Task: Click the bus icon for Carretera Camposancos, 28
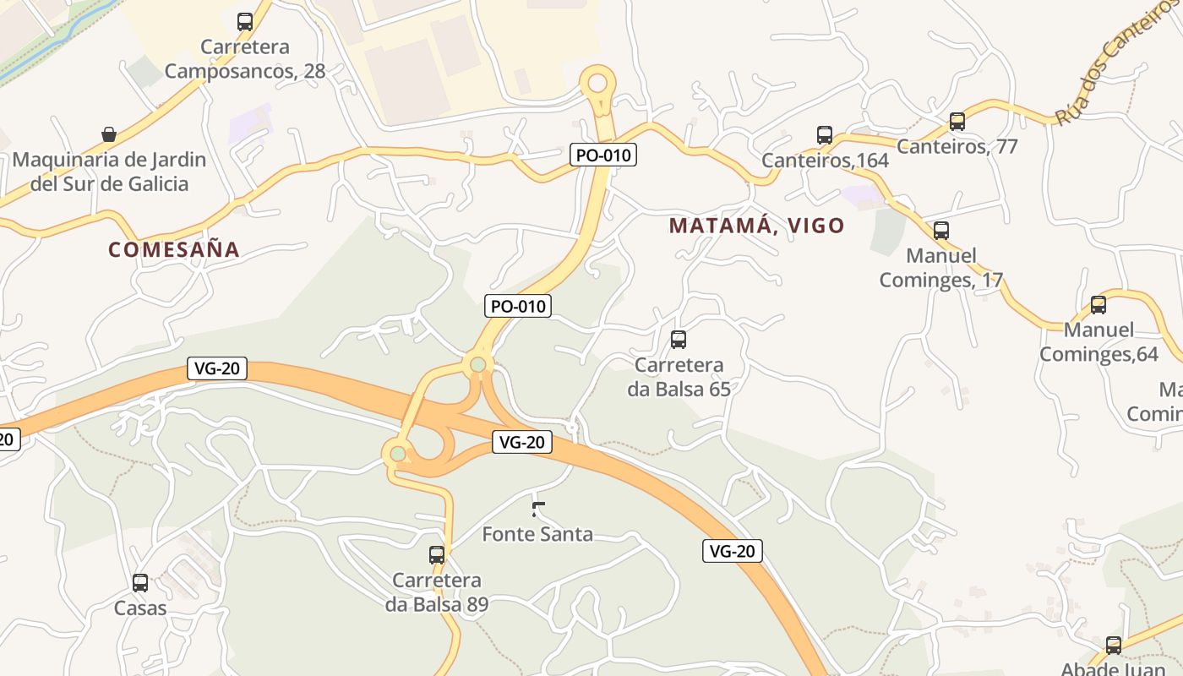coord(245,22)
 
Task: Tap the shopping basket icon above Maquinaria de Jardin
coord(109,134)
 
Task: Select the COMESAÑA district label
coord(174,249)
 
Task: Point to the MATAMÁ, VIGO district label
coord(756,226)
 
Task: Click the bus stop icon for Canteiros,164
coord(825,135)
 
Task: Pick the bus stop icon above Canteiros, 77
coord(957,122)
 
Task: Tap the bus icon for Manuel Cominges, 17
coord(941,231)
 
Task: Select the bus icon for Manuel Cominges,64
coord(1098,305)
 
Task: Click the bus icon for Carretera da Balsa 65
coord(679,341)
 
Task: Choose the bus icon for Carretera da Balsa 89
coord(437,555)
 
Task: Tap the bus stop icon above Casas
coord(140,583)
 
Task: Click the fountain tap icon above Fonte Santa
coord(537,509)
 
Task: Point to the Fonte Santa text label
coord(537,534)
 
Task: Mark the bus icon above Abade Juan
coord(1114,646)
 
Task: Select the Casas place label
coord(140,608)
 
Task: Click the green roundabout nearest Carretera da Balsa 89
coord(398,454)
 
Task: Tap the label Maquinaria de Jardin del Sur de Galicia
coord(109,172)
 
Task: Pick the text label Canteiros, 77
coord(957,146)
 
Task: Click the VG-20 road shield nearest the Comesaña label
coord(216,368)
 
